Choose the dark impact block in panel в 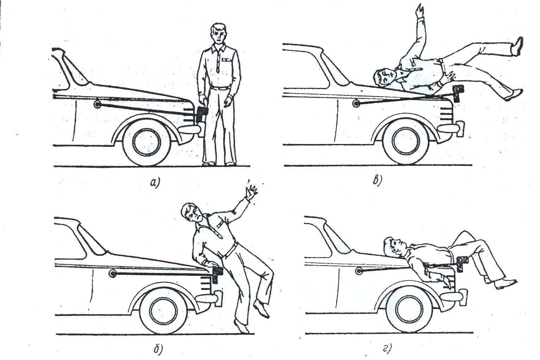458,93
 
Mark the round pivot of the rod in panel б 113,273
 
